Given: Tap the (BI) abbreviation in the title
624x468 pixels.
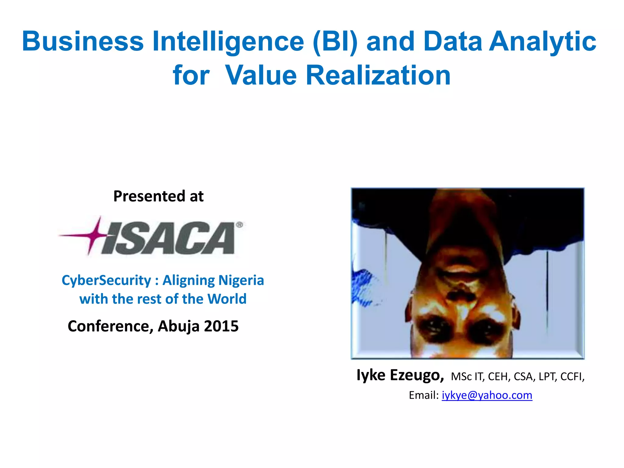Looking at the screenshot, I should tap(335, 42).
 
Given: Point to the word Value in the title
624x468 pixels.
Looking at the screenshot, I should tap(261, 75).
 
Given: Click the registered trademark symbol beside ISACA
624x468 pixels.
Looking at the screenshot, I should tap(240, 225).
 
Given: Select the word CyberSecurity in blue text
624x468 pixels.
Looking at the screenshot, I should tap(106, 280).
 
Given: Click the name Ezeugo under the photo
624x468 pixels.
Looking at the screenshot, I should tap(417, 375).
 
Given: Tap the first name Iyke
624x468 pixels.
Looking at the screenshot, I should tap(371, 375).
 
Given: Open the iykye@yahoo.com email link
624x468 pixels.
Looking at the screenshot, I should tap(487, 395).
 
